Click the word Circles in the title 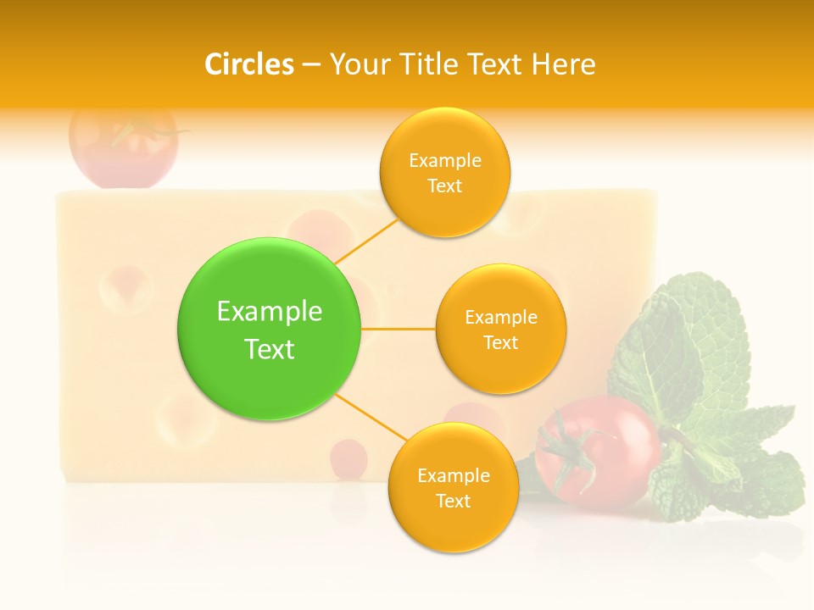pyautogui.click(x=249, y=64)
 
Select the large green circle pyautogui.click(x=269, y=329)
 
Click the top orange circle pyautogui.click(x=444, y=172)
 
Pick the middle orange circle pyautogui.click(x=500, y=329)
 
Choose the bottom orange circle pyautogui.click(x=453, y=487)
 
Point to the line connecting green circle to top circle pyautogui.click(x=366, y=241)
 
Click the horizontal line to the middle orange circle pyautogui.click(x=398, y=329)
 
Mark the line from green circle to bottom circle pyautogui.click(x=371, y=417)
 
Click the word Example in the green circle pyautogui.click(x=269, y=311)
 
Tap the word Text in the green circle pyautogui.click(x=269, y=349)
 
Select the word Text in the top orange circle pyautogui.click(x=444, y=186)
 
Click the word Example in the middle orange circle pyautogui.click(x=500, y=317)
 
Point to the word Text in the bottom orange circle pyautogui.click(x=453, y=501)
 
